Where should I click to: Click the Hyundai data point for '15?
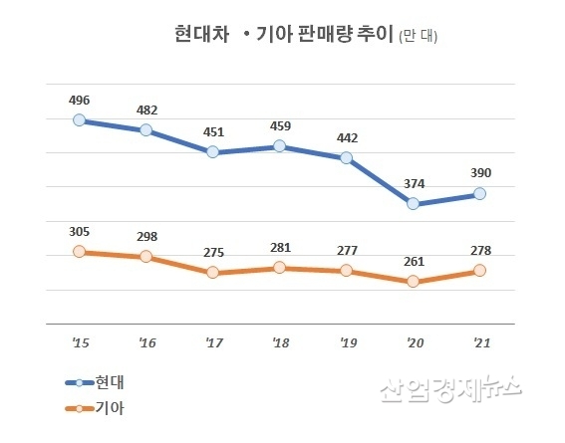coord(80,120)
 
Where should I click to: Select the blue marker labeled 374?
coord(413,204)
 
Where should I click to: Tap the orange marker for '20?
coord(413,282)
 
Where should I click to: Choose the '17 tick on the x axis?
coord(213,343)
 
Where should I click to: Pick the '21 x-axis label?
coord(479,343)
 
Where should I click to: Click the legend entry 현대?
coord(110,382)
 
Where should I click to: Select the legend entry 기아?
coord(110,407)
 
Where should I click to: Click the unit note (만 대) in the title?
coord(418,38)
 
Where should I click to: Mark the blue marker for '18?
coord(280,146)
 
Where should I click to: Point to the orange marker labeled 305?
coord(80,252)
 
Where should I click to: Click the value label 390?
coord(479,173)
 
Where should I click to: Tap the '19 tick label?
coord(346,343)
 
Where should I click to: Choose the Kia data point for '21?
coord(479,270)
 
